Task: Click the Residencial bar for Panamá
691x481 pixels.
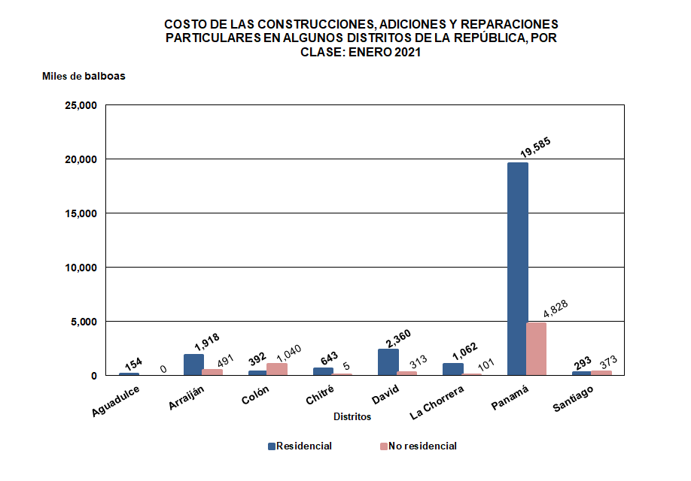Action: (x=517, y=268)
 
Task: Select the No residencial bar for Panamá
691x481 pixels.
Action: (x=535, y=349)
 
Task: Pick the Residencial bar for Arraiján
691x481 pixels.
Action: (x=193, y=365)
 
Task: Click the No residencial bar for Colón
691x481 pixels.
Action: (x=276, y=369)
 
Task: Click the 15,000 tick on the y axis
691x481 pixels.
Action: (x=80, y=213)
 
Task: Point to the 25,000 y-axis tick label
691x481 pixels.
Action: (x=80, y=105)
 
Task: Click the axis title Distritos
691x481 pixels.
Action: (x=352, y=416)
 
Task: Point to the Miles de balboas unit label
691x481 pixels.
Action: (x=84, y=77)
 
